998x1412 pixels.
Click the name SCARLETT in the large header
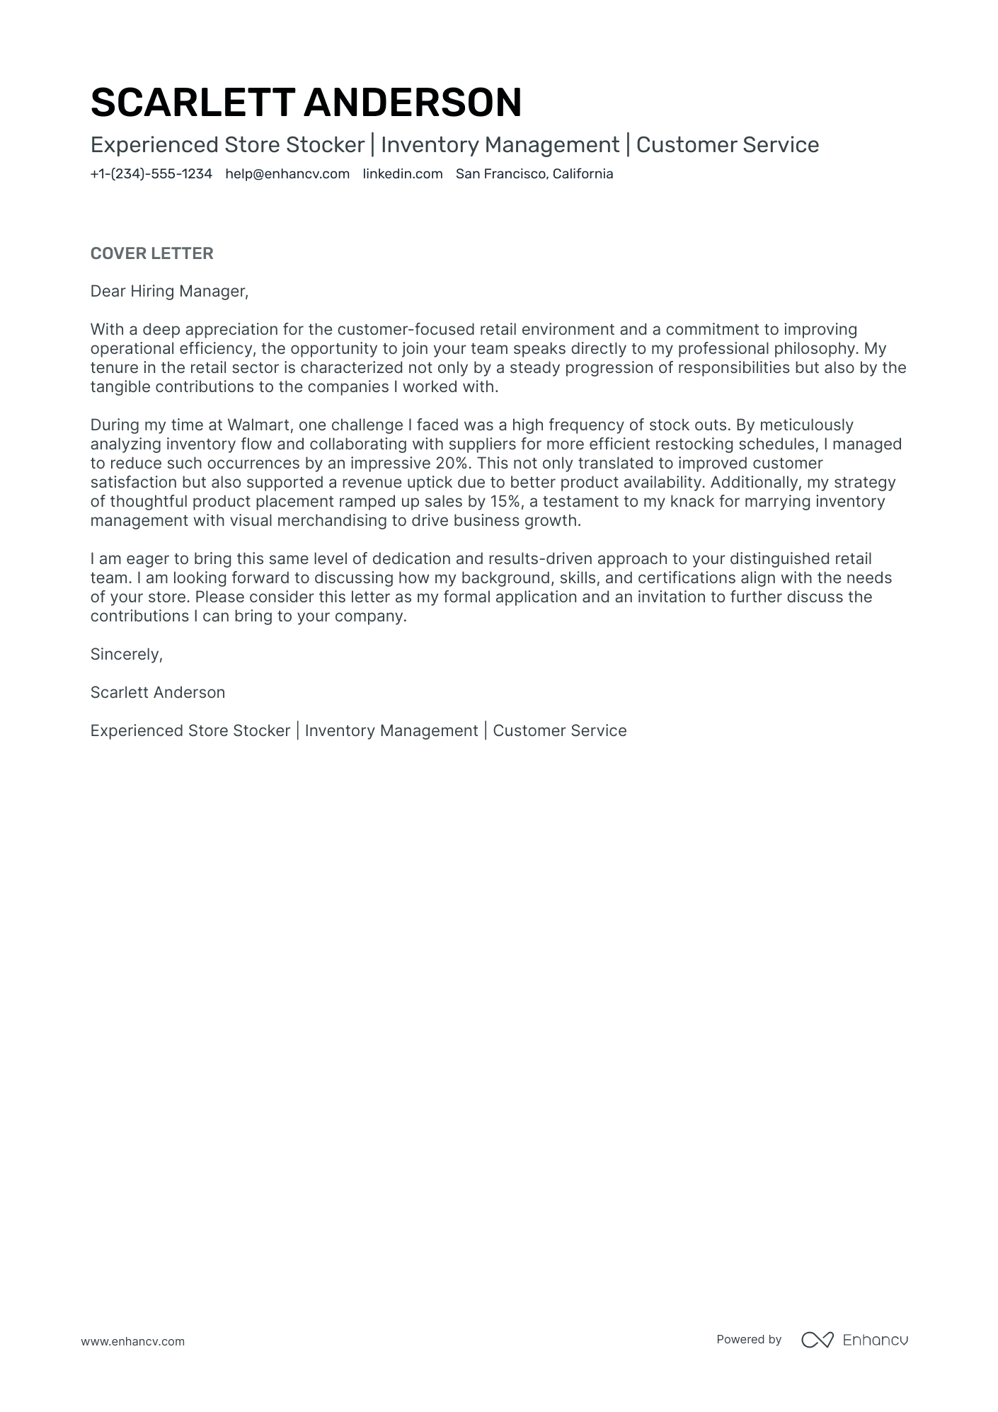click(192, 103)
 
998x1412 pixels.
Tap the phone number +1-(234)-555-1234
click(151, 174)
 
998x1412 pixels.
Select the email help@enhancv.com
click(287, 174)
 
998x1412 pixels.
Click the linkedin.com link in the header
click(403, 174)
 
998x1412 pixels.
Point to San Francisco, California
click(534, 174)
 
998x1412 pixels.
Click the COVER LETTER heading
click(151, 253)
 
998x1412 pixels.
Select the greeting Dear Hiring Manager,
click(170, 292)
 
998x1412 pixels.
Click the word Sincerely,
click(127, 655)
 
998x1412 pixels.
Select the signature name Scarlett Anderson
click(158, 693)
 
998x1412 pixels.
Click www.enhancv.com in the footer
click(133, 1341)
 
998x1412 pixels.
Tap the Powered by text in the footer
click(749, 1339)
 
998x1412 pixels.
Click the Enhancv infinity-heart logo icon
click(817, 1340)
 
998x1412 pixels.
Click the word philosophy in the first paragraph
click(810, 349)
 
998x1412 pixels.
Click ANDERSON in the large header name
click(413, 103)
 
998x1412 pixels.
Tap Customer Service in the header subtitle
click(727, 145)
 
